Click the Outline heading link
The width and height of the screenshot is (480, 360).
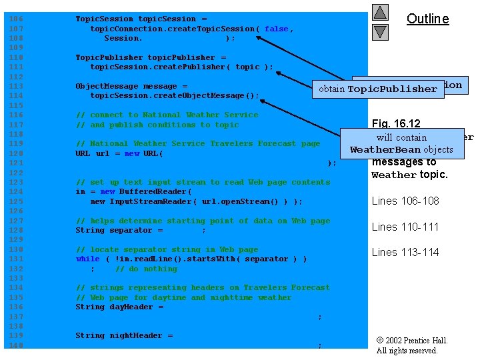pos(427,19)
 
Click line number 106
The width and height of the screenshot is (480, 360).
pos(16,19)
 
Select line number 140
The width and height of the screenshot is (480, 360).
pos(16,345)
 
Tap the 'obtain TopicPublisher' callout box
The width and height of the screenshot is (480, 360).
pos(378,89)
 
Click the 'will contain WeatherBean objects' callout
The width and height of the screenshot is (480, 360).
pos(401,143)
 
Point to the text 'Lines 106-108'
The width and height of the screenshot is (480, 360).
pos(405,201)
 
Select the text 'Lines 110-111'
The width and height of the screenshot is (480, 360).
pos(405,227)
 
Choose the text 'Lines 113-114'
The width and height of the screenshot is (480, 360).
pos(405,252)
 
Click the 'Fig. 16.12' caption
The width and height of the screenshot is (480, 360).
pos(396,123)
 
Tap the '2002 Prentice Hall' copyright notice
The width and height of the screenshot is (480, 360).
pos(412,341)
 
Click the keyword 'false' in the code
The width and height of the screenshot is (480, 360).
pos(276,29)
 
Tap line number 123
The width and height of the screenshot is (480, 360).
pos(16,182)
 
